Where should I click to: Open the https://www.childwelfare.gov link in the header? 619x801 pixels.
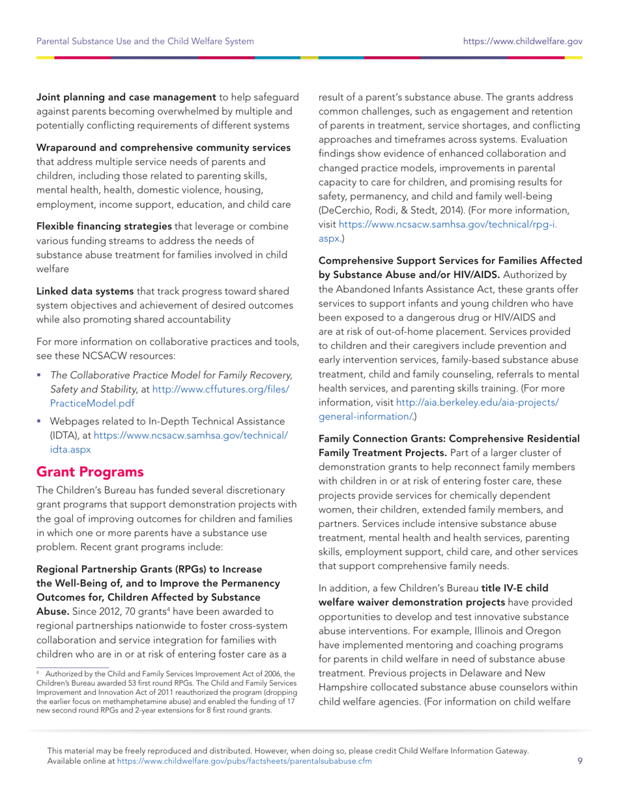[x=523, y=41]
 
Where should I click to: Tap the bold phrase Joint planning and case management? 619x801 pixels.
[x=126, y=97]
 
